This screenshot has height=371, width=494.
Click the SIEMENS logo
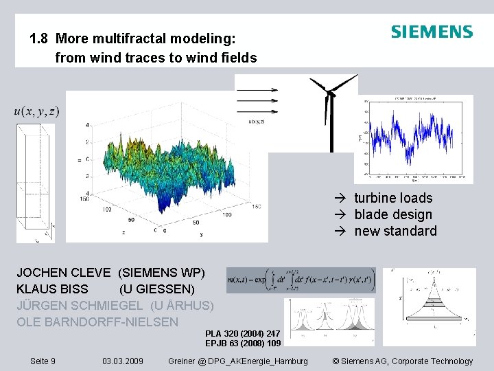tap(432, 32)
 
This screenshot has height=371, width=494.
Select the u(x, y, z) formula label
tap(36, 111)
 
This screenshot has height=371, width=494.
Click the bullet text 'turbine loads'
tap(392, 198)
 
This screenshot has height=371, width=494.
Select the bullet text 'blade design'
tap(392, 214)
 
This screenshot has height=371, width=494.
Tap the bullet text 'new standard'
tap(395, 231)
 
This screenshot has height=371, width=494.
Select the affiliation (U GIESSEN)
tap(156, 289)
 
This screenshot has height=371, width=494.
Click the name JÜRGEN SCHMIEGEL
tap(80, 306)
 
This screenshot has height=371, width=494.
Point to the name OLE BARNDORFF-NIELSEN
tap(97, 322)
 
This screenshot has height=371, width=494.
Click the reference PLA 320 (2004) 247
tap(242, 333)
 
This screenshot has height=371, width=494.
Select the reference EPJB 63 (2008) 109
tap(243, 344)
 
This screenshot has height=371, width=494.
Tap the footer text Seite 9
tap(43, 361)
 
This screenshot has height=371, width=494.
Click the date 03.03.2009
tap(122, 361)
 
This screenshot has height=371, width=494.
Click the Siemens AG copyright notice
tap(402, 361)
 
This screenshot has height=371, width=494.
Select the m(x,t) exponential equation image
tap(301, 280)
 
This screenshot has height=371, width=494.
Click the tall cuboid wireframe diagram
tap(35, 182)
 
